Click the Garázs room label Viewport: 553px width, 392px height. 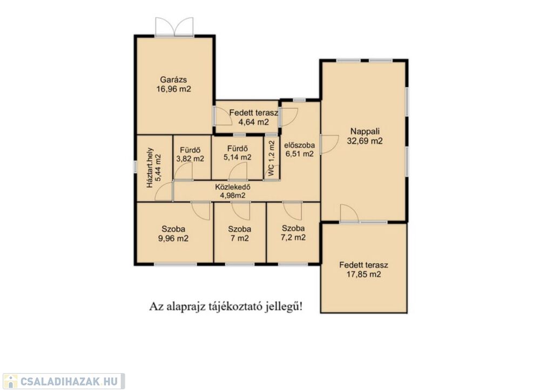(173, 80)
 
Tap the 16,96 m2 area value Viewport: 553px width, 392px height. (173, 89)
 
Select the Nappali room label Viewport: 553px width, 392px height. (365, 131)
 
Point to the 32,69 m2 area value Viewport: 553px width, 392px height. (365, 141)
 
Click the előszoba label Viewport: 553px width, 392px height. (300, 145)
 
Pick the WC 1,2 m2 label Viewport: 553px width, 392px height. (271, 158)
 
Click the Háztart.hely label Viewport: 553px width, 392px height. (150, 168)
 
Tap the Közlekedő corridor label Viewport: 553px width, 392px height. (233, 187)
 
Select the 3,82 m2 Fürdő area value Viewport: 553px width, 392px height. (190, 158)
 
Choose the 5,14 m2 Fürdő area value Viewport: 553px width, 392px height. (238, 157)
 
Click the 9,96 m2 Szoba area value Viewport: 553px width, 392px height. (173, 239)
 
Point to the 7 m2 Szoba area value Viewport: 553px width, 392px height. (240, 239)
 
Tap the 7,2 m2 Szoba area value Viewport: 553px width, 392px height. (293, 238)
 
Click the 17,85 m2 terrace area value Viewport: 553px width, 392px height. (364, 275)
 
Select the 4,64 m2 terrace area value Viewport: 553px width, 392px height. (254, 123)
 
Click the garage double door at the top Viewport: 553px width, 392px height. (174, 26)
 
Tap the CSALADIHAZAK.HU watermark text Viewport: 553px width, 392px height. (69, 381)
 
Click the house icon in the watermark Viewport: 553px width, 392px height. (10, 381)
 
